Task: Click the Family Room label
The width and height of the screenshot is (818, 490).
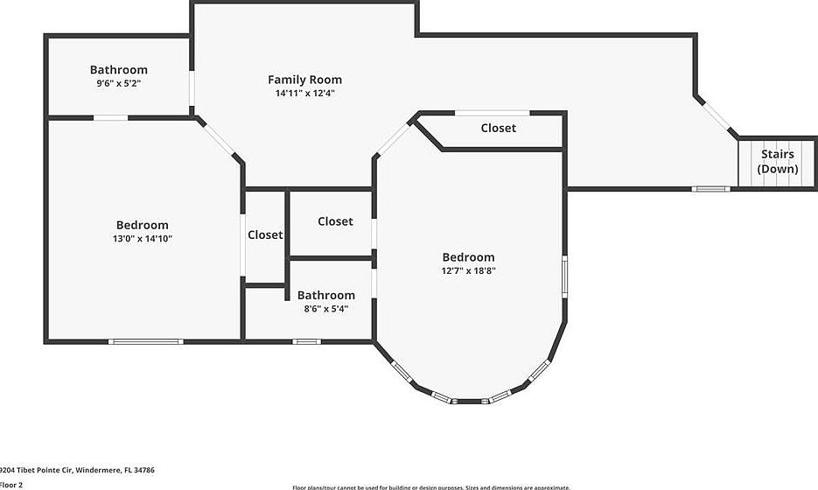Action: [304, 80]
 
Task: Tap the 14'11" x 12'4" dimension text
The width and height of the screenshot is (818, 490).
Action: [304, 93]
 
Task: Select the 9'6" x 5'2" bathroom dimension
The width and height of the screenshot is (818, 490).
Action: [118, 83]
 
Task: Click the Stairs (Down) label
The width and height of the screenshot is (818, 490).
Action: [777, 161]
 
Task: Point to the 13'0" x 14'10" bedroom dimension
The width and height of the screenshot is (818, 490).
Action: [142, 238]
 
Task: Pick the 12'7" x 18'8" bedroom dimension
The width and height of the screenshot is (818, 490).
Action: [468, 270]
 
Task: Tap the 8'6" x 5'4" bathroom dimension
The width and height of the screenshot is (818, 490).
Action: [325, 308]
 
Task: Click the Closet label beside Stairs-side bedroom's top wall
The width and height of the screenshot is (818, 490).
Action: [498, 128]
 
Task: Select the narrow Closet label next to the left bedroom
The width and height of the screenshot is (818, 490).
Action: [265, 234]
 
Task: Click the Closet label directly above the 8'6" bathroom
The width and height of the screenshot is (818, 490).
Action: [335, 221]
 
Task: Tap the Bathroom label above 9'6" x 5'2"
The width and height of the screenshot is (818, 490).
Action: [118, 70]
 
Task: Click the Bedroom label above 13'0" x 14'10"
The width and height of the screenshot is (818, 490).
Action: [142, 225]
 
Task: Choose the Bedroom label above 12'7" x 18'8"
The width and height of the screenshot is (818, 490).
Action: [468, 257]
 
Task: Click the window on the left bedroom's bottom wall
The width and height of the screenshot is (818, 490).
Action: [145, 341]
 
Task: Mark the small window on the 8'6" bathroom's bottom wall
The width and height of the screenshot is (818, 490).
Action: [306, 341]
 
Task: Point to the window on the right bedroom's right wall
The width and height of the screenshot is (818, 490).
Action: [564, 276]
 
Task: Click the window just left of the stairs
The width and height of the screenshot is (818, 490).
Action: [710, 188]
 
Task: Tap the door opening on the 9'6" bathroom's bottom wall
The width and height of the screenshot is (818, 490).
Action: [111, 117]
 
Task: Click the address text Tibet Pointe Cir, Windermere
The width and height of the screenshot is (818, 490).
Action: [77, 470]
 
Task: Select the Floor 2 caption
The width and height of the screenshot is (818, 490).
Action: [11, 484]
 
